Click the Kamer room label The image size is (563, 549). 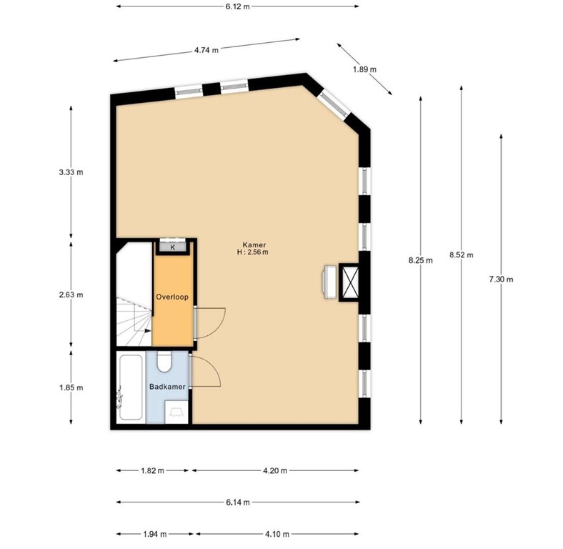(x=249, y=244)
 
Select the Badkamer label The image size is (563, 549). (x=168, y=387)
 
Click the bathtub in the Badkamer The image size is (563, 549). (x=130, y=387)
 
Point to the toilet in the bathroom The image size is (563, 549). (x=164, y=363)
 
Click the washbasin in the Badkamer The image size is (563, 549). (x=176, y=411)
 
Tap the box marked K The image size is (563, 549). (x=172, y=247)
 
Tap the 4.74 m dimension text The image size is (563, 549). (x=206, y=50)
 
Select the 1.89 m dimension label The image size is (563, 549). (x=364, y=69)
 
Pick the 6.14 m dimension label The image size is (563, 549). (x=237, y=503)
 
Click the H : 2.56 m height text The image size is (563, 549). (x=249, y=252)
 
